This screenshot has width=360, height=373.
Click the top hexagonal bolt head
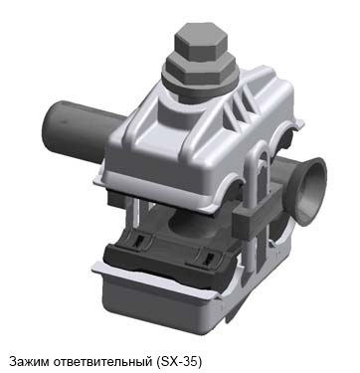pos(200,41)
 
